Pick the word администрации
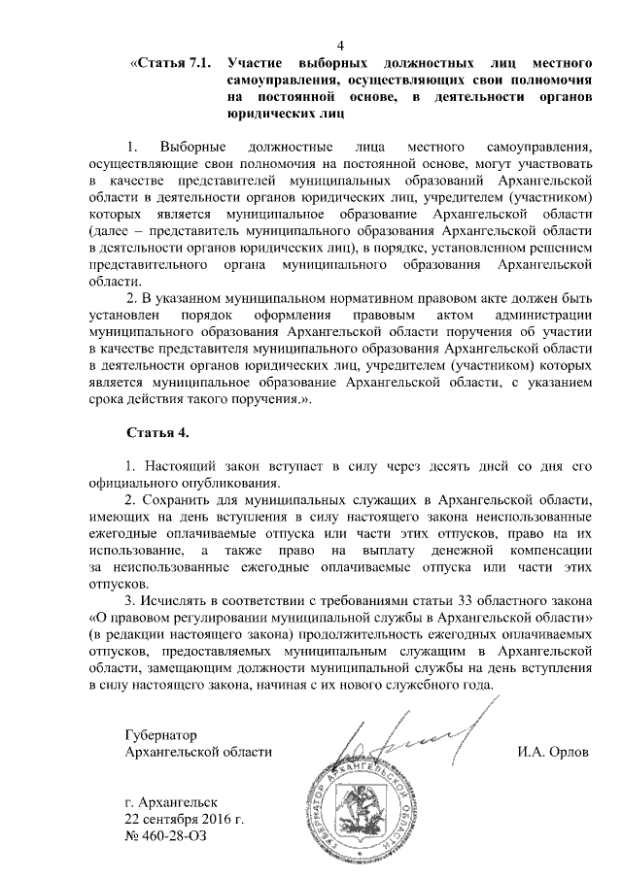coord(545,315)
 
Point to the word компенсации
coord(551,552)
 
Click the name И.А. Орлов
coord(554,753)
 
